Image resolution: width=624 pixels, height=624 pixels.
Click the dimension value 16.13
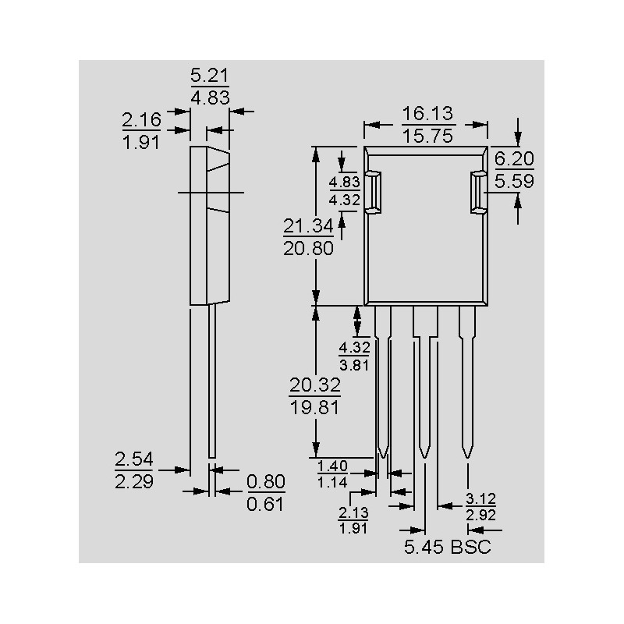(427, 114)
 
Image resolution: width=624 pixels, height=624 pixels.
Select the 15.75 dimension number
(427, 135)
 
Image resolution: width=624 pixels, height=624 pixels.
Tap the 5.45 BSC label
(447, 548)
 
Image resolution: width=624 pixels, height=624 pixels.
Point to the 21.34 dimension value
(307, 226)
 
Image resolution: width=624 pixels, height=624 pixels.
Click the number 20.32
(314, 385)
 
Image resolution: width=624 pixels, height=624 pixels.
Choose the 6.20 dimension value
(514, 159)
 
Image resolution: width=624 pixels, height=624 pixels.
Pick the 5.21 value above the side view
(210, 76)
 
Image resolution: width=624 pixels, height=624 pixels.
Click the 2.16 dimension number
(141, 120)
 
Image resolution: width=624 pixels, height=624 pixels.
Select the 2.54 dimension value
(134, 458)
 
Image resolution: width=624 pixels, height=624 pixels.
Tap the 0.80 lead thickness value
(266, 481)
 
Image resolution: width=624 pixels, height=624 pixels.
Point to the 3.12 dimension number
(480, 498)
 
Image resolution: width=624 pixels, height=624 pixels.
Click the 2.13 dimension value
(353, 512)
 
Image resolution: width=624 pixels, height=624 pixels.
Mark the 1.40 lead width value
(332, 466)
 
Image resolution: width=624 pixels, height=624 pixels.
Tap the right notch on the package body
(478, 192)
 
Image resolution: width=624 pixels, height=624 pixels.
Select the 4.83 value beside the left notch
(343, 182)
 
